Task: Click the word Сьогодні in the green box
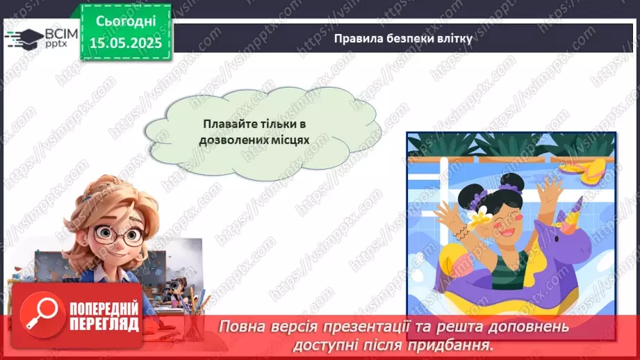click(x=125, y=22)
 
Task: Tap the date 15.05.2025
click(x=125, y=42)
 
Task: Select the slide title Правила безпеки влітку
click(x=403, y=39)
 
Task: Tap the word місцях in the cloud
click(x=290, y=139)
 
